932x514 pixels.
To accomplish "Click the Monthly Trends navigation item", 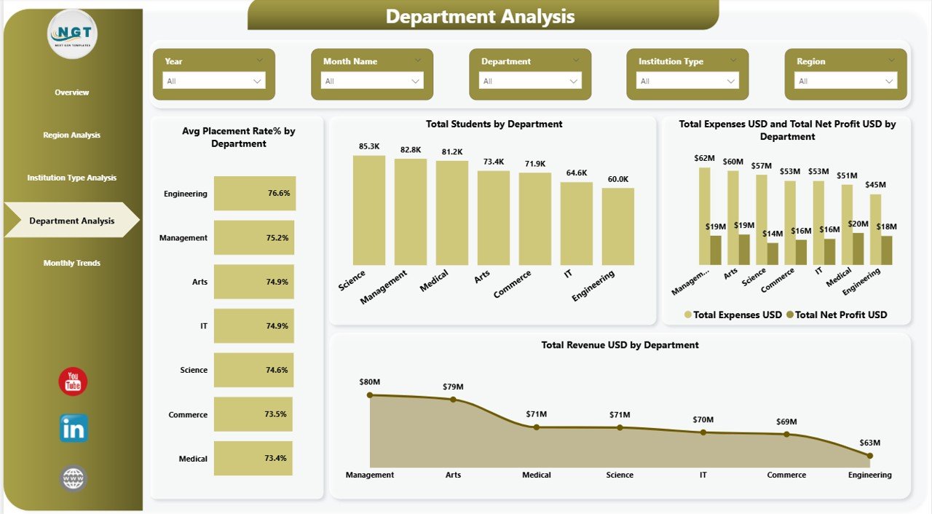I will [x=71, y=263].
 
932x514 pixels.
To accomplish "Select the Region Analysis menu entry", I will [x=71, y=135].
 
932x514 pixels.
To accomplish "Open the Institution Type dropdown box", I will [x=687, y=81].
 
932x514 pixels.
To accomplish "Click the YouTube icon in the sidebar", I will [x=73, y=381].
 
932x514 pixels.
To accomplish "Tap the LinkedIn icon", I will [x=74, y=429].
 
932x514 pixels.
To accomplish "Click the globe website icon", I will [x=74, y=478].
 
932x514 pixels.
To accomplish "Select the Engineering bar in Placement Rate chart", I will [x=254, y=194].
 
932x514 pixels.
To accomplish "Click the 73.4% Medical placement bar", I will [x=253, y=459].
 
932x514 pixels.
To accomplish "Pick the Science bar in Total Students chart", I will [x=369, y=210].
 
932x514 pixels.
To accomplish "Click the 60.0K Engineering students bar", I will [x=618, y=226].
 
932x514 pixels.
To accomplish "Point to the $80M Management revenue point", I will [x=370, y=395].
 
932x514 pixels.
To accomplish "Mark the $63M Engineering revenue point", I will [x=870, y=456].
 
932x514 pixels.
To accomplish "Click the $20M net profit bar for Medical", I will [x=858, y=249].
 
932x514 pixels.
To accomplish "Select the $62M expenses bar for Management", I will [x=704, y=216].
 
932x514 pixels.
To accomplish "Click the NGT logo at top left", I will [x=72, y=34].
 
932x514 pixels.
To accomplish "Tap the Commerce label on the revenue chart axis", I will [x=786, y=475].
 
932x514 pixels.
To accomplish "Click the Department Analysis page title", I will [x=480, y=16].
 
